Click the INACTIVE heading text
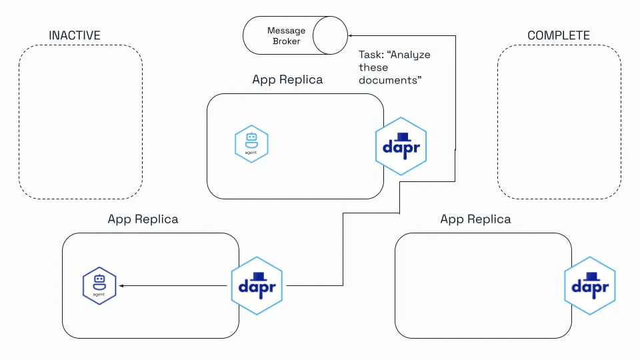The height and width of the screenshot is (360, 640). (75, 35)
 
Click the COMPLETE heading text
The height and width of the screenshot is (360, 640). (559, 35)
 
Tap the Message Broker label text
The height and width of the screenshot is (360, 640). (286, 36)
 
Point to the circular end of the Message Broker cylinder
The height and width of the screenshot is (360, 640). (330, 35)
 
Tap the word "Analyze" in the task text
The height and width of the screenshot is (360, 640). (409, 55)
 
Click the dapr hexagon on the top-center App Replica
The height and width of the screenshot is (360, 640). (401, 147)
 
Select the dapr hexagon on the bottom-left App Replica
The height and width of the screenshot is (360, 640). (257, 286)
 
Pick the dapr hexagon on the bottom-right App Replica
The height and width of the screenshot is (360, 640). (590, 286)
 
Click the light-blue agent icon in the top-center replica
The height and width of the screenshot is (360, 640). (251, 144)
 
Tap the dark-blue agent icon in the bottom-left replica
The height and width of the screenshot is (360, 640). (99, 286)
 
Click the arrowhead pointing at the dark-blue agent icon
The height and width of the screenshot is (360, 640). (121, 286)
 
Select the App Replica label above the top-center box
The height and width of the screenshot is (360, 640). (287, 79)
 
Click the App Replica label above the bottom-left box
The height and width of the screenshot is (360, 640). (143, 219)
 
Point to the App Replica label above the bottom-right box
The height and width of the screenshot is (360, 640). (475, 219)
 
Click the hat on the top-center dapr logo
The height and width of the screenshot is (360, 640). (402, 137)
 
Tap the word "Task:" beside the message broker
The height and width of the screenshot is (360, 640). (371, 55)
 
